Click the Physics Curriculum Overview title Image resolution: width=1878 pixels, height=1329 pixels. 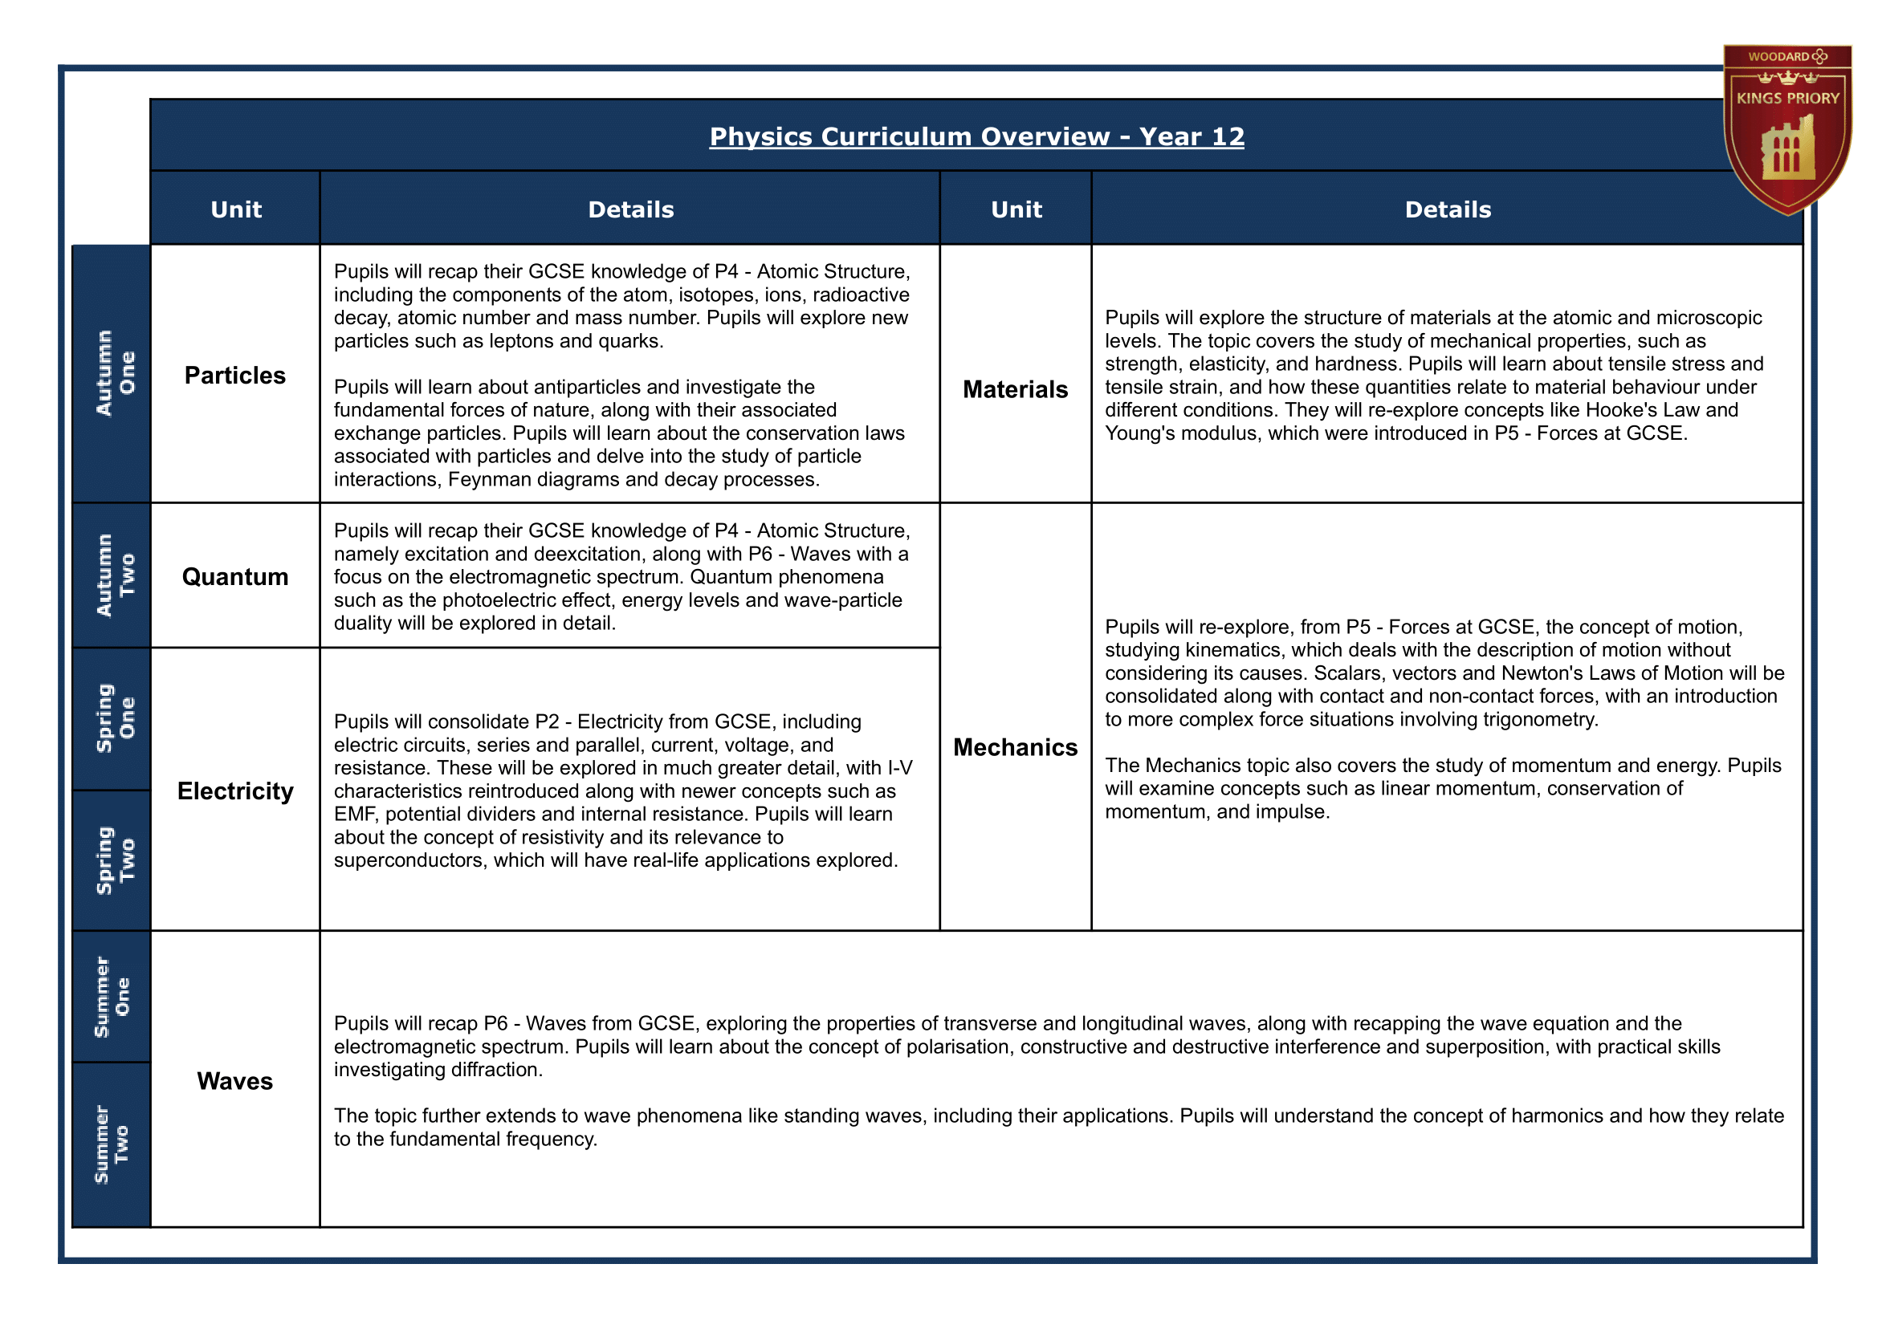click(976, 136)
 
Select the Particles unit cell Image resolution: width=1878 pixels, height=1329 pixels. click(235, 376)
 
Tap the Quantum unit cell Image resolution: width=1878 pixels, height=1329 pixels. click(235, 577)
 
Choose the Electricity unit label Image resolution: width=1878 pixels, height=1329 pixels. click(235, 791)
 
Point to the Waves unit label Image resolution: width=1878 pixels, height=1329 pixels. click(235, 1081)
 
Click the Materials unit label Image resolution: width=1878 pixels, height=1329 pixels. click(1015, 389)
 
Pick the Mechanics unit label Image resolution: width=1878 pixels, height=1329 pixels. click(1015, 747)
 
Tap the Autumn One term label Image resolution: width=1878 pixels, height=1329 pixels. click(114, 373)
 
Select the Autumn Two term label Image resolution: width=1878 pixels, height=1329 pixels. click(114, 575)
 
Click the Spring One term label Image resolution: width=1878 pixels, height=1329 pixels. click(114, 718)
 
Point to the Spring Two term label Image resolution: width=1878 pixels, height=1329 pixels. click(114, 860)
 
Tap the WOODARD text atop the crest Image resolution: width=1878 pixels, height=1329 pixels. click(1778, 56)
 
